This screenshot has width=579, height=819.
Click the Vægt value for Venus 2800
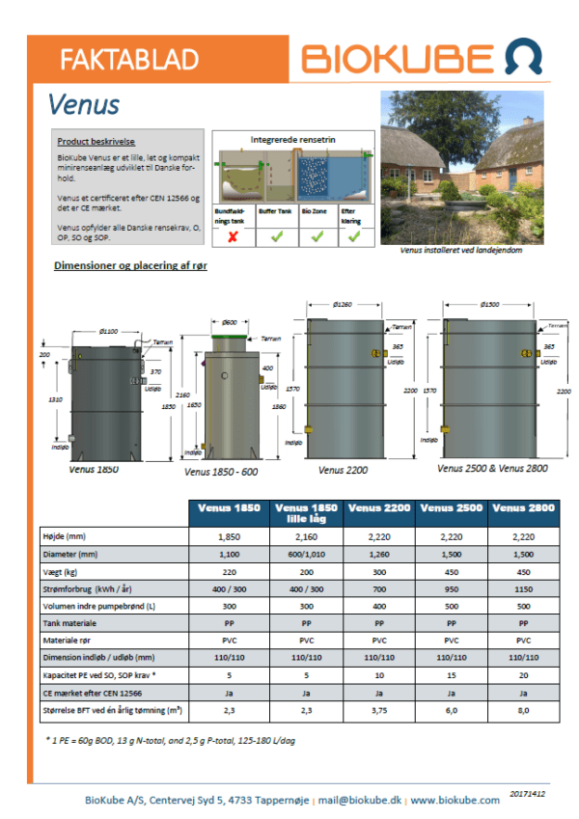tap(521, 571)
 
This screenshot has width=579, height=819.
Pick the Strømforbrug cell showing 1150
tap(521, 588)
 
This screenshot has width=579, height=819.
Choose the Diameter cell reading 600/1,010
tap(306, 554)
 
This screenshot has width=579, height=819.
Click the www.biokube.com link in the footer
tap(455, 800)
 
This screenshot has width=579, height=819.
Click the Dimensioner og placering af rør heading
tap(130, 265)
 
